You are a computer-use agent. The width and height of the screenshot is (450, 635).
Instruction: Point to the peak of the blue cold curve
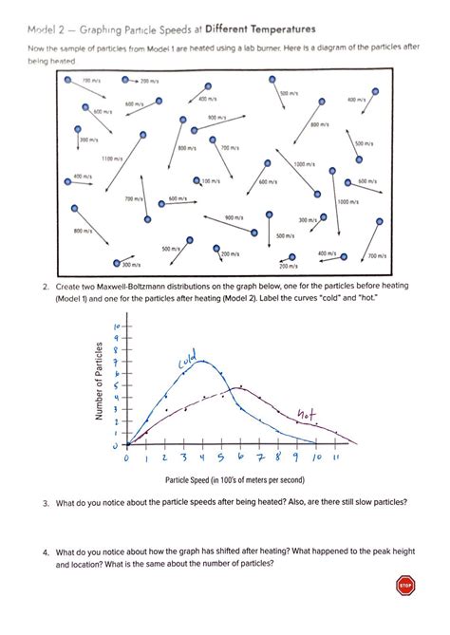pyautogui.click(x=203, y=362)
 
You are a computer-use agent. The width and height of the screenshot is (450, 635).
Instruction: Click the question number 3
pyautogui.click(x=45, y=502)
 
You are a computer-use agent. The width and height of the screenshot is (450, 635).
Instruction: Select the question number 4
pyautogui.click(x=45, y=552)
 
